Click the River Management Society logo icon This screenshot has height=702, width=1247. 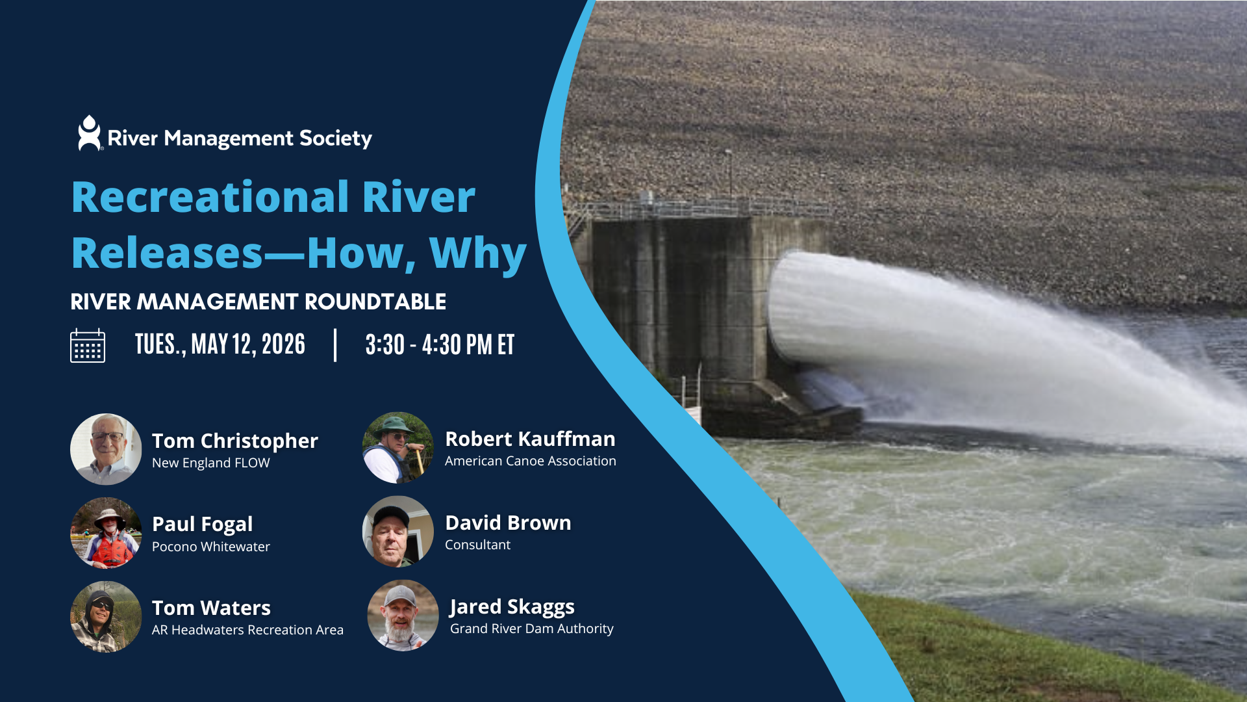click(x=90, y=134)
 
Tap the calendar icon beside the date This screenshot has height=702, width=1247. click(x=88, y=345)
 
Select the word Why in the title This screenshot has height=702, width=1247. click(x=477, y=253)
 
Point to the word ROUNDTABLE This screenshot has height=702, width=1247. click(x=375, y=302)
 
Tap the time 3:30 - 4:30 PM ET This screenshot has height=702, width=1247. click(x=440, y=344)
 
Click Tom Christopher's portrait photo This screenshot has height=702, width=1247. click(x=106, y=449)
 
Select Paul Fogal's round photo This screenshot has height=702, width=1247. click(x=106, y=533)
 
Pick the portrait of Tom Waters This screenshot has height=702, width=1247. click(x=106, y=617)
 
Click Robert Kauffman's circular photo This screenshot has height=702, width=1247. click(x=397, y=447)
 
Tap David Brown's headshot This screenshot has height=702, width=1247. click(x=397, y=531)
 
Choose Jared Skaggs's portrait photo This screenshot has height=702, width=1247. click(x=403, y=615)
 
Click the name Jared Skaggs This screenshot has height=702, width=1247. click(x=512, y=606)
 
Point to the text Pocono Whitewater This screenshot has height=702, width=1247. click(x=211, y=547)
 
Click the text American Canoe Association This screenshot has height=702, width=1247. click(x=530, y=461)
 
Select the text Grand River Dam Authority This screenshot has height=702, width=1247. click(x=531, y=629)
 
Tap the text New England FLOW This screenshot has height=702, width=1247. click(x=210, y=463)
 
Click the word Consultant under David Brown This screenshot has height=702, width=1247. click(x=477, y=545)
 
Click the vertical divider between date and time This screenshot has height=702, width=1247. click(x=335, y=345)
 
